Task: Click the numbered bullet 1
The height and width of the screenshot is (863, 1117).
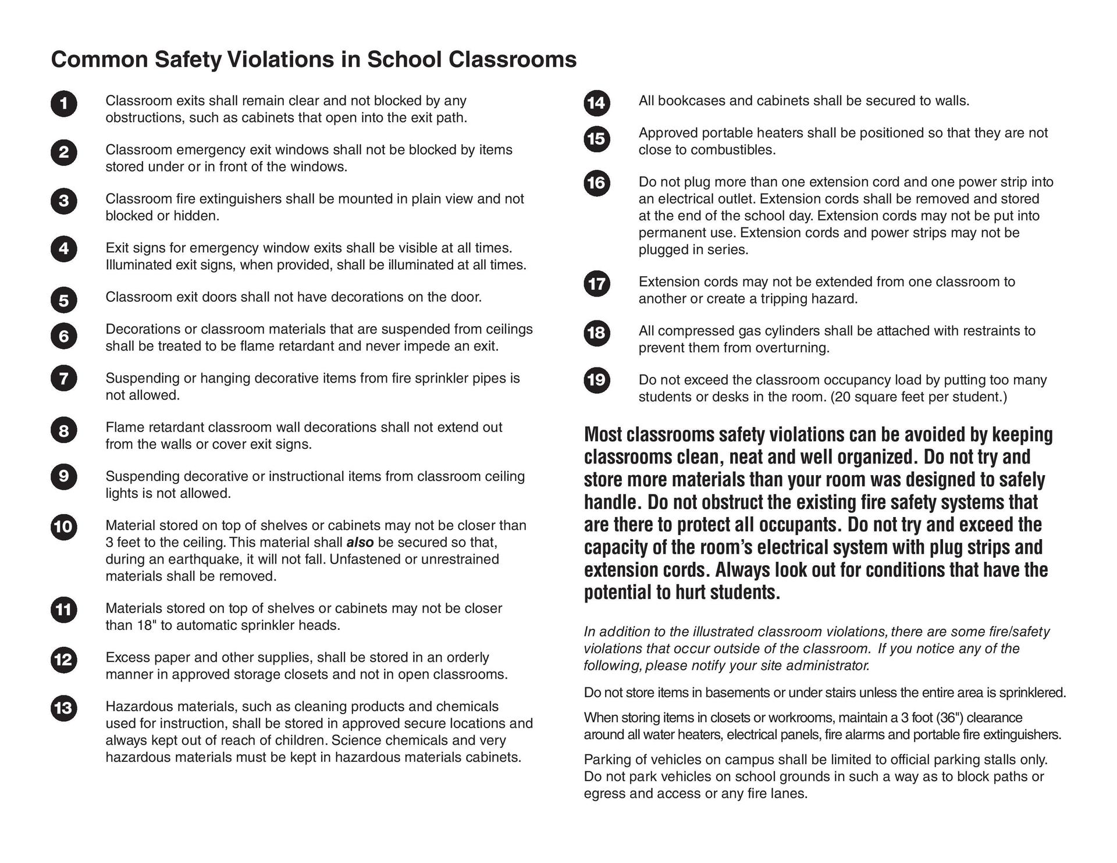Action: click(x=63, y=104)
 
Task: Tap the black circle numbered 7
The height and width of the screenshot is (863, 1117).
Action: click(x=63, y=379)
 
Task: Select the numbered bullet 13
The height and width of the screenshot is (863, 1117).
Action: click(x=63, y=708)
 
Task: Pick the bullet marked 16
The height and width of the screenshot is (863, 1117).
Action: click(x=596, y=183)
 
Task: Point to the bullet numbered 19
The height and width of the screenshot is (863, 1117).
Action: click(x=596, y=380)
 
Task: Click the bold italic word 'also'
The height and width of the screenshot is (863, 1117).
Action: click(x=360, y=543)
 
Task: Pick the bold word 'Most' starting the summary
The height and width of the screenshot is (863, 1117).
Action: click(x=603, y=435)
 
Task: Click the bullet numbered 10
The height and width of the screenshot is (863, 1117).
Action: click(x=63, y=527)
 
